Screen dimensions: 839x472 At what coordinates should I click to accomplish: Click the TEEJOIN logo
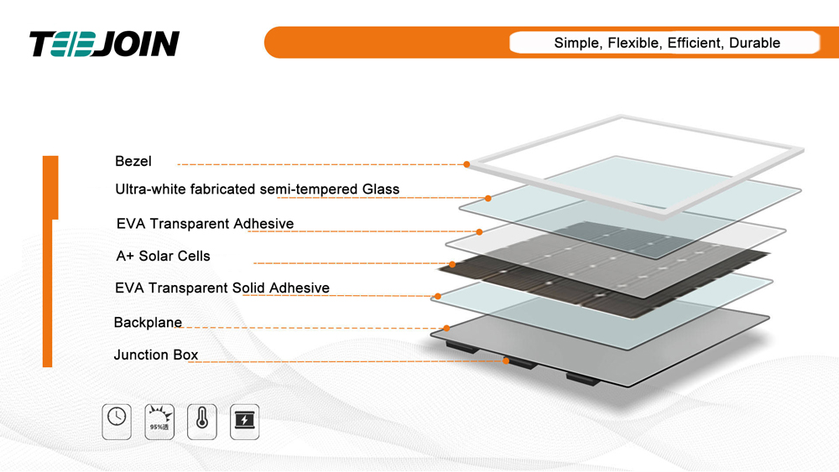click(x=104, y=44)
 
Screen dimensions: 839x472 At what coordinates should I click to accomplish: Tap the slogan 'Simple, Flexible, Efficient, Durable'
click(x=667, y=43)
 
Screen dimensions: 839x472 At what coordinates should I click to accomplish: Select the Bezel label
click(x=133, y=162)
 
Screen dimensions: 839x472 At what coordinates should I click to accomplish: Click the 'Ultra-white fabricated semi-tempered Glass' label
click(x=258, y=189)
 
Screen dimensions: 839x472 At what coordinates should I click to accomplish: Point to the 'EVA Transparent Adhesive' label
click(x=205, y=224)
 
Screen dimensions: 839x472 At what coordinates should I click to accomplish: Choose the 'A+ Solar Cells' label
click(x=164, y=256)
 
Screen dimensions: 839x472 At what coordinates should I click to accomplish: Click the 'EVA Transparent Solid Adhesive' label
click(x=222, y=288)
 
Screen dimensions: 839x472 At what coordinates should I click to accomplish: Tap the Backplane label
click(x=149, y=322)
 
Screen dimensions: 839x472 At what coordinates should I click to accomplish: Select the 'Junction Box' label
click(x=156, y=355)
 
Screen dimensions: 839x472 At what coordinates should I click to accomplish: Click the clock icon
click(x=117, y=422)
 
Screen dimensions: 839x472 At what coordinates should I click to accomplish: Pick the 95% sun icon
click(x=159, y=422)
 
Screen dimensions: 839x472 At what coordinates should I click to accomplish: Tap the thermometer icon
click(x=202, y=422)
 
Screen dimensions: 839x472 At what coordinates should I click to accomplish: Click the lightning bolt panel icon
click(x=244, y=422)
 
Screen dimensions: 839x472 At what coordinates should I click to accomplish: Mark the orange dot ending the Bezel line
click(x=466, y=164)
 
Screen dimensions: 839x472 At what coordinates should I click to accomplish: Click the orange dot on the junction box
click(x=506, y=360)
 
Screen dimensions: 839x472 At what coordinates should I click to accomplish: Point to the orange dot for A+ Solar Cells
click(x=453, y=264)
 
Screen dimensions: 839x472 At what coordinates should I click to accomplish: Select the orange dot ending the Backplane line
click(x=447, y=328)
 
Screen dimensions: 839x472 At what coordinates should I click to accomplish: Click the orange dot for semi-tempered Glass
click(x=488, y=199)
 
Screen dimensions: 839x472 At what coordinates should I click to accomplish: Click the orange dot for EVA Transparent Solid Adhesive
click(x=438, y=296)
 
